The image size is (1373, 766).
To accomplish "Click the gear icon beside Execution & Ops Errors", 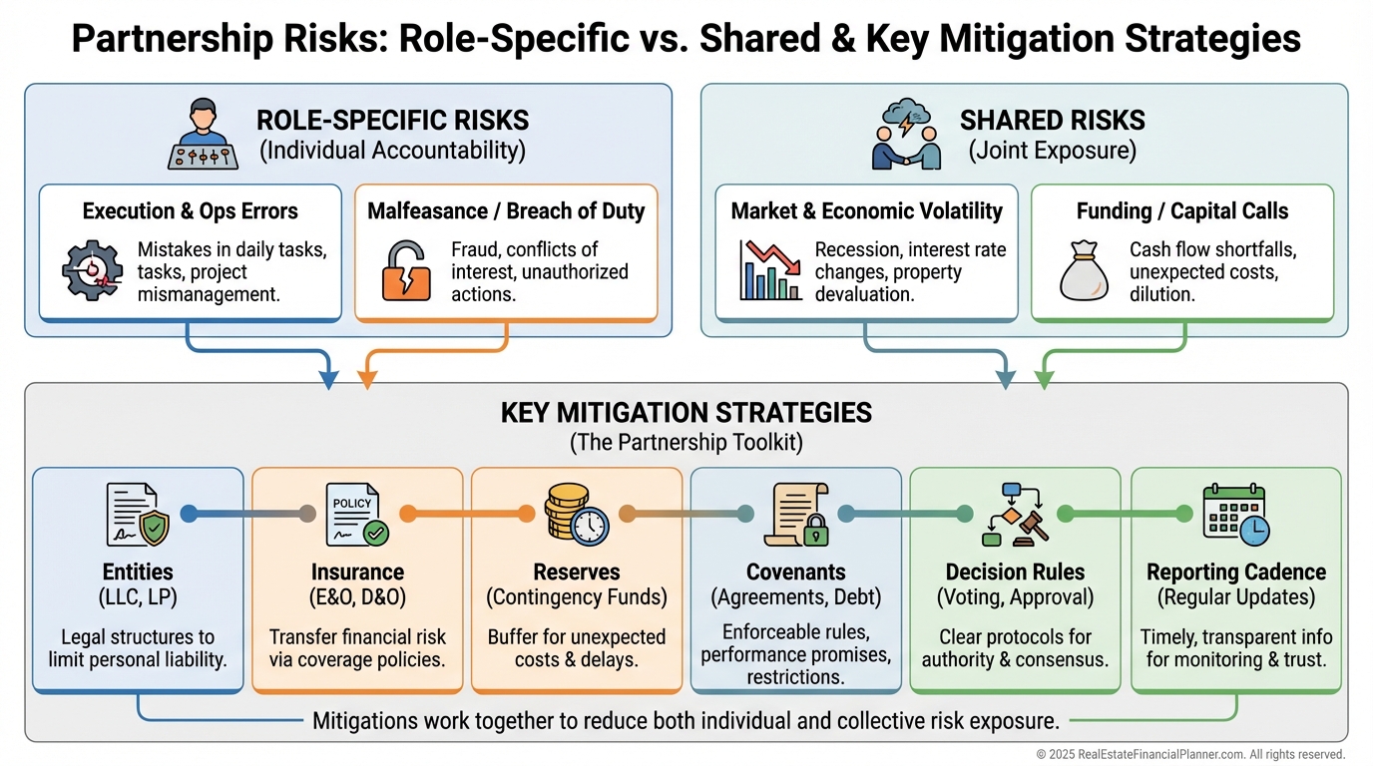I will coord(92,270).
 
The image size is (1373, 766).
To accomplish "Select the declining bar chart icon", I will coord(770,270).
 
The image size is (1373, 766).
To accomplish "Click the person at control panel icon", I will coord(204,135).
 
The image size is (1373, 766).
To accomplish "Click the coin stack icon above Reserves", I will coord(577,514).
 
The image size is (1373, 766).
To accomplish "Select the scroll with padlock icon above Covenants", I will coord(795,514).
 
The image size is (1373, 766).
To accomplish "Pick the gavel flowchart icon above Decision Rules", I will coord(1015,514).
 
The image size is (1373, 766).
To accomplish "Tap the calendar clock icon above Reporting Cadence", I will coord(1234,514).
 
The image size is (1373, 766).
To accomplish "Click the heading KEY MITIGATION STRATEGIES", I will coord(686,413).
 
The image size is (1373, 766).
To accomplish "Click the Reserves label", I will coord(577,573).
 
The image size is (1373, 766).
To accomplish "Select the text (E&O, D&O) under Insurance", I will coord(357,597).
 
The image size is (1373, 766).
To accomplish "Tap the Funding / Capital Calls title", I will coord(1182,211).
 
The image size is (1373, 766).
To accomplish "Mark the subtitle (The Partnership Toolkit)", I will coord(686,442).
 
